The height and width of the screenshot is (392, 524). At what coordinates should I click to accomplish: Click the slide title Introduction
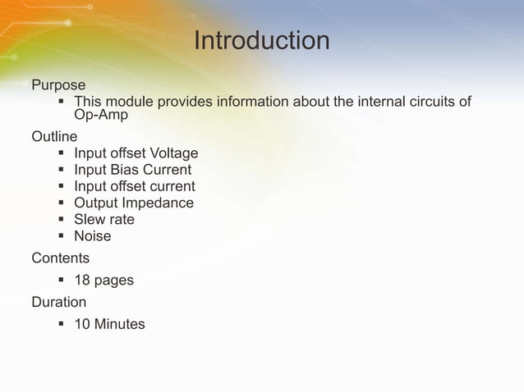(261, 40)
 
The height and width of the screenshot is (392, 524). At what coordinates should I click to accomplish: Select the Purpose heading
(58, 84)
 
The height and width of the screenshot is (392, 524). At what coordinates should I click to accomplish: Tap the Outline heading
(54, 136)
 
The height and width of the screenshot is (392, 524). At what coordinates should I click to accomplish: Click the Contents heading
(60, 258)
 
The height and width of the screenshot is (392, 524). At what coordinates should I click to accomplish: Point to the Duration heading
(58, 302)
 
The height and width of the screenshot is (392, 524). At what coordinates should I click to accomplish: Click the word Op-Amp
(101, 116)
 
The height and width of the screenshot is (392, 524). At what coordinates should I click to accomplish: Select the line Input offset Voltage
(136, 153)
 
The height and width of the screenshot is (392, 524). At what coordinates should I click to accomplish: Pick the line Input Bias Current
(132, 170)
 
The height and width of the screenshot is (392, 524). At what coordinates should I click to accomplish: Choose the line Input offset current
(134, 186)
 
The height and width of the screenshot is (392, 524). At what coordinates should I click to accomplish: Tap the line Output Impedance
(134, 203)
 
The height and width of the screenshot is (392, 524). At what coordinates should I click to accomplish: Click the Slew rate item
(104, 220)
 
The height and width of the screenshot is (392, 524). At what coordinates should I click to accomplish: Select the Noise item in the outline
(93, 236)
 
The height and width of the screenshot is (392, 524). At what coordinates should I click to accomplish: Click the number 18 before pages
(82, 280)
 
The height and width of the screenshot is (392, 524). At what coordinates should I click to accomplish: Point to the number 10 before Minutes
(82, 324)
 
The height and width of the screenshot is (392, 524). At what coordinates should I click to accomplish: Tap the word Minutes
(120, 324)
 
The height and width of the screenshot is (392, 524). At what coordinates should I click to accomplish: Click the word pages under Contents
(114, 281)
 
